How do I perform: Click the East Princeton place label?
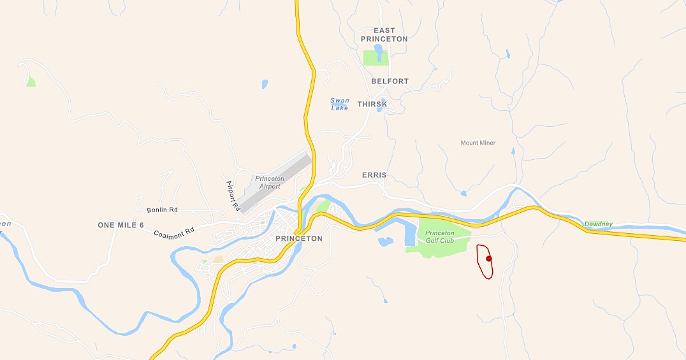[x=384, y=34]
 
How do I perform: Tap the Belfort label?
[x=390, y=82]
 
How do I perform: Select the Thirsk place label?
[x=372, y=104]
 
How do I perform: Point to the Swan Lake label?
[x=339, y=104]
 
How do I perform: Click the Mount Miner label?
[x=478, y=143]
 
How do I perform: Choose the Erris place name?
[x=374, y=175]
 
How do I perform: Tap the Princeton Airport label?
[x=269, y=182]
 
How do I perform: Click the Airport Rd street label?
[x=232, y=196]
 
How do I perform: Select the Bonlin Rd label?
[x=162, y=210]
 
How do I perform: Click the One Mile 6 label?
[x=120, y=226]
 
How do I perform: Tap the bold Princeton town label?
[x=299, y=238]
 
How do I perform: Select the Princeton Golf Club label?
[x=439, y=236]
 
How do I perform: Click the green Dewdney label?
[x=598, y=224]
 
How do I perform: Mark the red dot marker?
[x=489, y=259]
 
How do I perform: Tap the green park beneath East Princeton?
[x=375, y=57]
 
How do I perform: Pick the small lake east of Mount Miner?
[x=513, y=152]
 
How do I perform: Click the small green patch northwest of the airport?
[x=31, y=82]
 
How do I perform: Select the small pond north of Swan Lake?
[x=265, y=83]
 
